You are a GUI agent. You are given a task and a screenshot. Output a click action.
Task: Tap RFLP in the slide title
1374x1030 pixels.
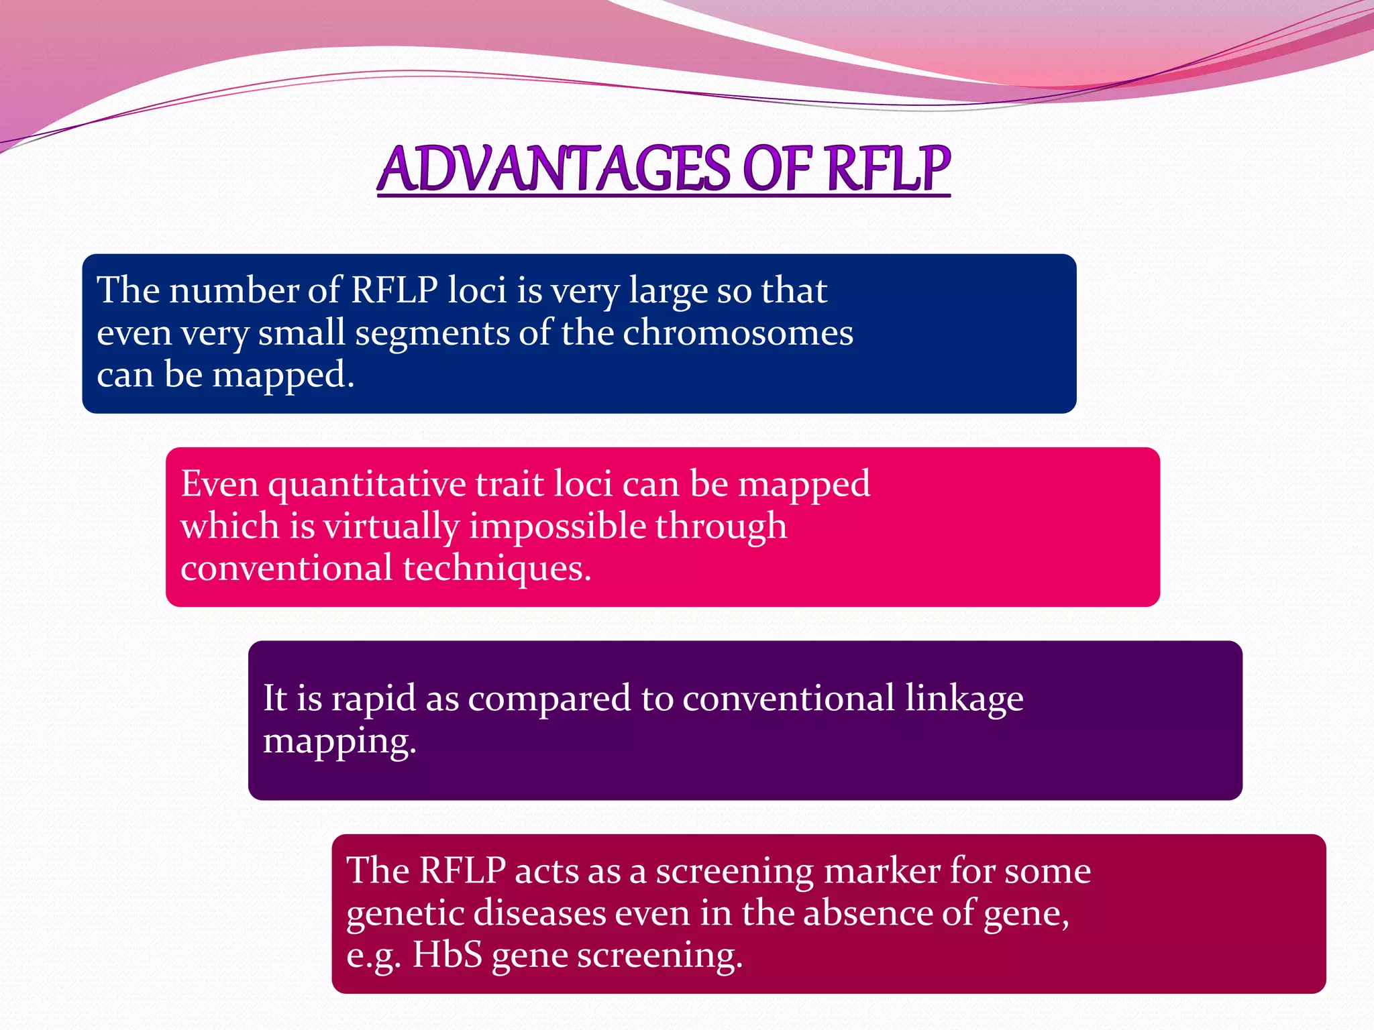coord(888,169)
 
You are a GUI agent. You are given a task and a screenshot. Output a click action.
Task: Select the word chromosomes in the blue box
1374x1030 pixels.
coord(738,333)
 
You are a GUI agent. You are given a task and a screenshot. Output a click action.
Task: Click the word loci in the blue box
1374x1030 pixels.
coord(476,290)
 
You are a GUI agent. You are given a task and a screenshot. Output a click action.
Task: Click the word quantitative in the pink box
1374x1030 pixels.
coord(367,484)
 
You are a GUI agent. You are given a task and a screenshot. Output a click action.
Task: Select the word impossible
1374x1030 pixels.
coord(557,526)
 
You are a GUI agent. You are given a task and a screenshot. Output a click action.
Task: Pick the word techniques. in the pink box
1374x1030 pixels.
coord(496,568)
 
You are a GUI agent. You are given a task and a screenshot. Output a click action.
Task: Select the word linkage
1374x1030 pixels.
coord(963,699)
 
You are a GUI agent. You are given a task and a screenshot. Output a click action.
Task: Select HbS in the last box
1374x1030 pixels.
coord(447,955)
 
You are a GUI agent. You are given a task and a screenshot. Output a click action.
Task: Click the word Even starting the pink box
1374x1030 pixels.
coord(219,484)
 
